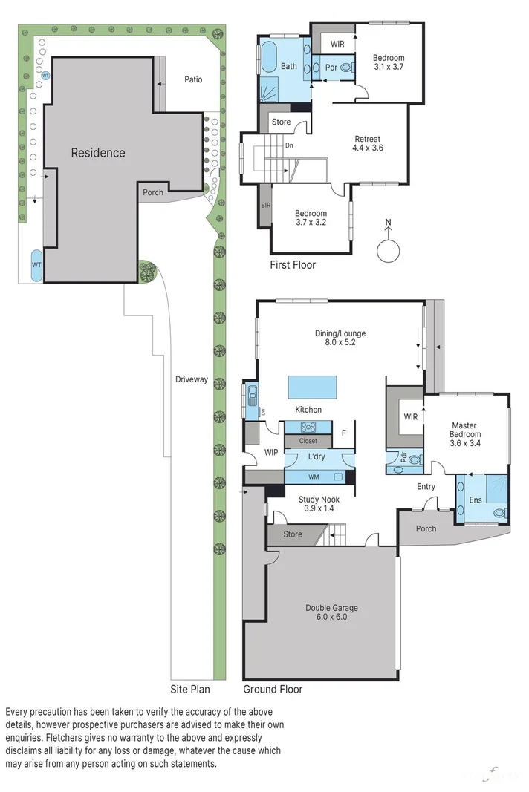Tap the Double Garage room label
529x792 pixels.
tap(332, 612)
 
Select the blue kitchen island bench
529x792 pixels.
tap(313, 387)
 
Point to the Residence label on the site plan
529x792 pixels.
tap(98, 153)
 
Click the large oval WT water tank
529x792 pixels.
tap(36, 265)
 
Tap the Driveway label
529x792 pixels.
tap(192, 379)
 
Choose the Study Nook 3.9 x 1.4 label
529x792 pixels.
tap(319, 503)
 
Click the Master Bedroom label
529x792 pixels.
tap(465, 434)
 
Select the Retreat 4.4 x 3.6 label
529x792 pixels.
tap(368, 143)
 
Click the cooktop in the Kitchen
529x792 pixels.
tap(308, 428)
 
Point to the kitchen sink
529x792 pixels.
tap(251, 395)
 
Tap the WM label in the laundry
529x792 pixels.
tap(314, 477)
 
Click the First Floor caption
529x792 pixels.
tap(293, 265)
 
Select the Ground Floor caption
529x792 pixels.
tap(273, 689)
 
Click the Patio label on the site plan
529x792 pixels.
tap(193, 79)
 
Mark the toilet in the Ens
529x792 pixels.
tap(500, 514)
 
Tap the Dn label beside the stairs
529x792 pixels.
tap(289, 145)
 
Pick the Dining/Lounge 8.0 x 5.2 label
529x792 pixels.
tap(340, 338)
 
